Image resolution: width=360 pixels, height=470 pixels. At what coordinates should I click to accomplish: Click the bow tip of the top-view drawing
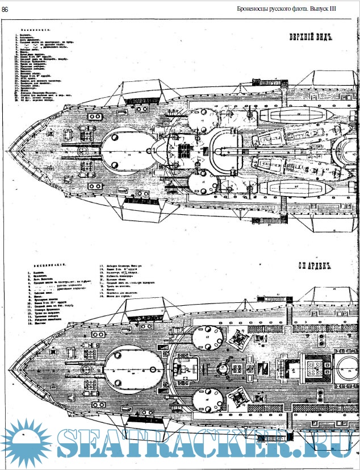[6, 150]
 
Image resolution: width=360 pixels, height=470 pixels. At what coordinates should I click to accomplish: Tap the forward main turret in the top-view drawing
[129, 149]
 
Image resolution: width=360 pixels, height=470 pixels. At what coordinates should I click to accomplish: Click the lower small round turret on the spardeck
[208, 402]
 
